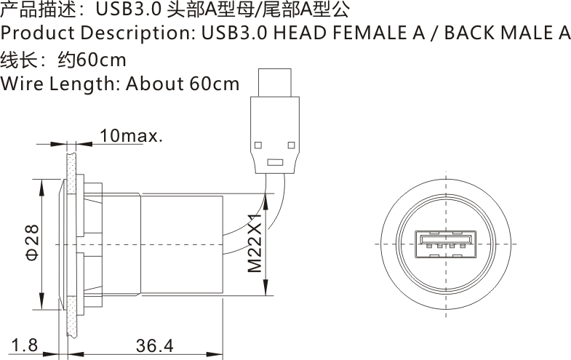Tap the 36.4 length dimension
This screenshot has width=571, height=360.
155,345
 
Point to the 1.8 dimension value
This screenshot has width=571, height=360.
25,345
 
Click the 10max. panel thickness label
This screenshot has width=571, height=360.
131,136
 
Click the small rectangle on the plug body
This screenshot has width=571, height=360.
274,162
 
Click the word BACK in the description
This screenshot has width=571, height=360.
471,33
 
